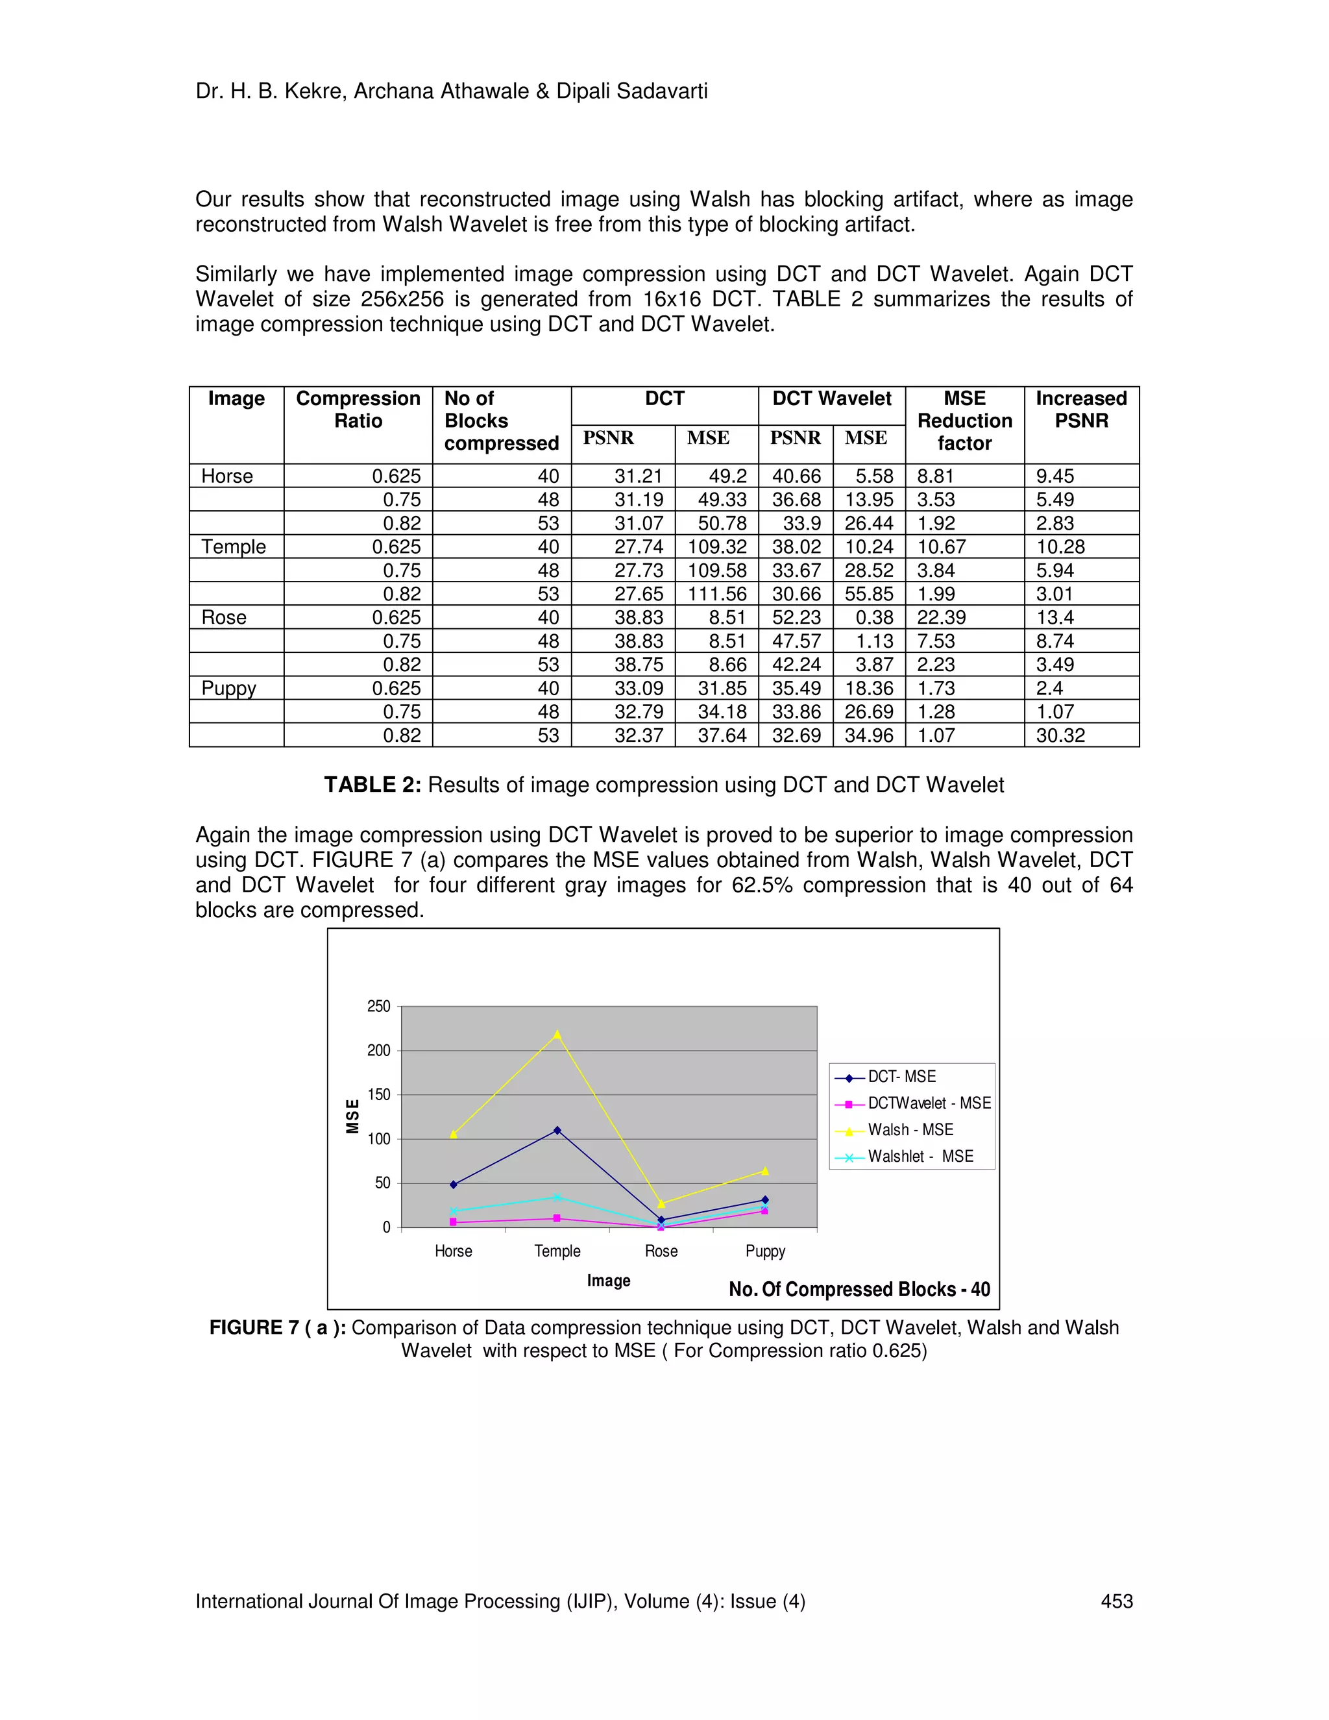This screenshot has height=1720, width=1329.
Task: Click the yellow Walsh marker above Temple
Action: point(557,1034)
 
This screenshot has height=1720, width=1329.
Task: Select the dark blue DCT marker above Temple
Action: point(557,1130)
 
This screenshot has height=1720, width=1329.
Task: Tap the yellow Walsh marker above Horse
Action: point(454,1134)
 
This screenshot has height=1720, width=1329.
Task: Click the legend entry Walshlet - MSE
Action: point(920,1156)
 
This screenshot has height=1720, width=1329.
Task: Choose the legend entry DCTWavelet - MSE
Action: point(928,1103)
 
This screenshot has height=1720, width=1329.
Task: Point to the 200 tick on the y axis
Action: point(379,1051)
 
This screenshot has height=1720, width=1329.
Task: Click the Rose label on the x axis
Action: point(661,1251)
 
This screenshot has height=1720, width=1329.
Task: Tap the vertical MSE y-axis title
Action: point(353,1117)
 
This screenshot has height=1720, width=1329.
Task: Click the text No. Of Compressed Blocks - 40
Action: point(859,1289)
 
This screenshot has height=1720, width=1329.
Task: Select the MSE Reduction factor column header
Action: point(964,421)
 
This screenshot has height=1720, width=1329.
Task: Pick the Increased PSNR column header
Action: point(1081,410)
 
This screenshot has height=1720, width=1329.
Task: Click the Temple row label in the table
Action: point(234,547)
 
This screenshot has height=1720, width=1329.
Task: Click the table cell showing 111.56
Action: point(716,594)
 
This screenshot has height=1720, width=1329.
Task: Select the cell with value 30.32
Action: point(1060,735)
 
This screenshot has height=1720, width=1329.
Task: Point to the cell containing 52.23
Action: point(796,617)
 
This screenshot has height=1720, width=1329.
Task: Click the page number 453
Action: point(1116,1601)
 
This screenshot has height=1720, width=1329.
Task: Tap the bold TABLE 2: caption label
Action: point(372,785)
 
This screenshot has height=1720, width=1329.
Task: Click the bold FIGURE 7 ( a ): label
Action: point(277,1327)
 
